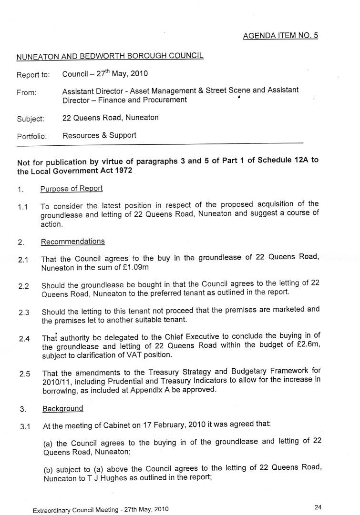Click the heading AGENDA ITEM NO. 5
(x=280, y=36)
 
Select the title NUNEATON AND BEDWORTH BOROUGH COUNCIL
(x=110, y=56)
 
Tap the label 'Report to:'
(x=33, y=75)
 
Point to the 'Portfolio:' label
(x=32, y=136)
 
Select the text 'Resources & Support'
(x=99, y=135)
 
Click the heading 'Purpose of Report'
(x=72, y=188)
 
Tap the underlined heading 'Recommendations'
(x=72, y=242)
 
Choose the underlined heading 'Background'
(x=62, y=408)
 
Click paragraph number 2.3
(x=24, y=313)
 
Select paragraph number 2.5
(x=25, y=374)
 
